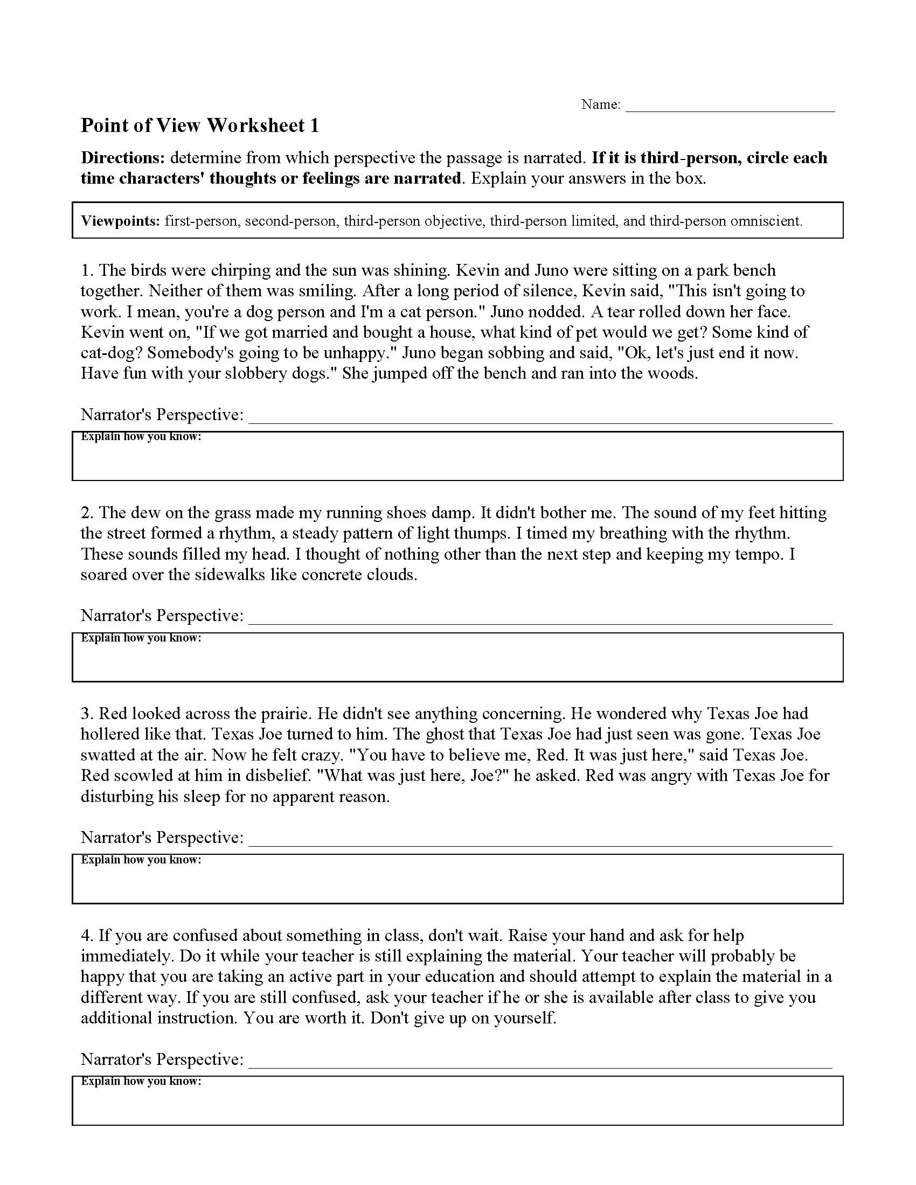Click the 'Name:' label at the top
(600, 104)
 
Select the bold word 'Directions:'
(123, 158)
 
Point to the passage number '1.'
(87, 270)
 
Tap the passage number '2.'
(87, 513)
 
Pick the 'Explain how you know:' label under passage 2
(141, 638)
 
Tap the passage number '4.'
(87, 936)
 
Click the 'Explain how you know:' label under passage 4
(141, 1082)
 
